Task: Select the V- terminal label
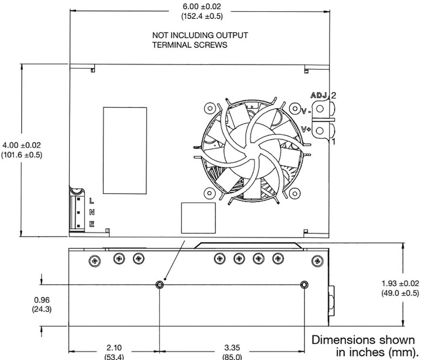tap(306, 110)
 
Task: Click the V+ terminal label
tap(306, 129)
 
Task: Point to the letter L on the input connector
tap(91, 201)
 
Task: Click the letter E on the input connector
tap(91, 224)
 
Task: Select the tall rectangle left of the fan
tap(125, 150)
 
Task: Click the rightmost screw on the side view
tap(317, 261)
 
